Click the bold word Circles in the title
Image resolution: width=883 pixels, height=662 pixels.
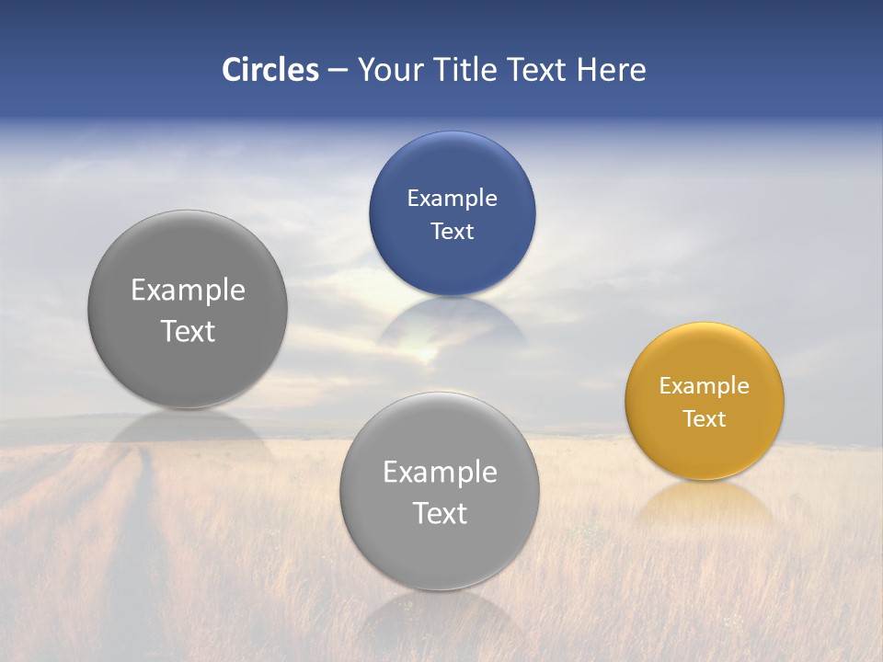pos(270,70)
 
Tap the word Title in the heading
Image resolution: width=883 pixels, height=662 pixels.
pos(464,70)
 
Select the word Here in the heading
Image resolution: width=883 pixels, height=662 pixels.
pos(612,70)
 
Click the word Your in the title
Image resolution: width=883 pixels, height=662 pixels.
pos(390,70)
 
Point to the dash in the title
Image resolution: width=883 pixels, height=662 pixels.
pos(338,71)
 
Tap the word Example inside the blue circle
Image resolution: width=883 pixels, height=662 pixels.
pos(452,198)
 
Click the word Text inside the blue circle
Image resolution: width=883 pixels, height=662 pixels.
pos(452,231)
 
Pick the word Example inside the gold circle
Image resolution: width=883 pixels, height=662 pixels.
pos(705,385)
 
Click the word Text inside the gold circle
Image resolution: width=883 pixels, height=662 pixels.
pos(705,418)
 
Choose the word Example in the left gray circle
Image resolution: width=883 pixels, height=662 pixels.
pos(188,290)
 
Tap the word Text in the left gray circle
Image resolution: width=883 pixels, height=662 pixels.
pos(188,331)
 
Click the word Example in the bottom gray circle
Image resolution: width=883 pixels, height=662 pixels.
pos(440,472)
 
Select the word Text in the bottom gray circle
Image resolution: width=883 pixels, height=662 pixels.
pos(440,513)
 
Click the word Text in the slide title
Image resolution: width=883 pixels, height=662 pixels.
pos(538,70)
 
